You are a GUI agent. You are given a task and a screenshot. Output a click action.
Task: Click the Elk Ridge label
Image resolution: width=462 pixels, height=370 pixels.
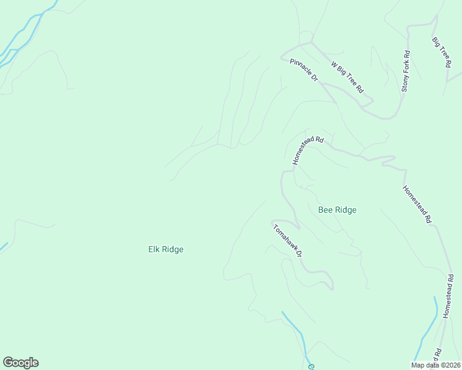[166, 250]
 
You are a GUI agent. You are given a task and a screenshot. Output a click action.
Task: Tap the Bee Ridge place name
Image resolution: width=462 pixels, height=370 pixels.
[337, 210]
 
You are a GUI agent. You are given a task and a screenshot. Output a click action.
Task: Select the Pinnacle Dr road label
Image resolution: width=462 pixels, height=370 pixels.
[303, 70]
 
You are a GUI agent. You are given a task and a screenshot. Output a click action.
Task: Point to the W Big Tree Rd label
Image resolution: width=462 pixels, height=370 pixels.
[347, 77]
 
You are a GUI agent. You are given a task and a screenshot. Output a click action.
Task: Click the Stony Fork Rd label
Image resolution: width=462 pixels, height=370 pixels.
[406, 71]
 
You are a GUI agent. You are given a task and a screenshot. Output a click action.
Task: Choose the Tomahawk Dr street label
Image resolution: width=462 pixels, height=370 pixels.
[288, 240]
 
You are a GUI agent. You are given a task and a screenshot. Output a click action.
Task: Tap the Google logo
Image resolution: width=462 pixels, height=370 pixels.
[20, 363]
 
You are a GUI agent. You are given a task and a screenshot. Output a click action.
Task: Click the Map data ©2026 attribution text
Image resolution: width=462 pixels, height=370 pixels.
[435, 365]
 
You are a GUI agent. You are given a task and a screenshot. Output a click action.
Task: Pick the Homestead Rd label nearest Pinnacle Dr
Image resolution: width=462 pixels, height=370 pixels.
[308, 150]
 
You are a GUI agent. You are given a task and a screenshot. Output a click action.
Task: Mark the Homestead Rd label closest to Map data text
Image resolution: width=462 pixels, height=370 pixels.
[448, 296]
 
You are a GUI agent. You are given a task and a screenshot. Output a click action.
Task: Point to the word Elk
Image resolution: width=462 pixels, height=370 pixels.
[154, 250]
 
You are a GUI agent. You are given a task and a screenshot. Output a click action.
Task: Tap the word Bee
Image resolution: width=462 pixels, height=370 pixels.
[325, 210]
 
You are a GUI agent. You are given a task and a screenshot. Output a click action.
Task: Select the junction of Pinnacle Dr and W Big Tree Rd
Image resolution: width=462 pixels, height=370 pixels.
[311, 43]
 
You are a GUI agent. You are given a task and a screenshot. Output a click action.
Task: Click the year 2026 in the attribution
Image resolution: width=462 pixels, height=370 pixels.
[451, 365]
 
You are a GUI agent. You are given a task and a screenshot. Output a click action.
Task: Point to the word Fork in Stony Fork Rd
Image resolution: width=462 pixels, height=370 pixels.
[406, 68]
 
